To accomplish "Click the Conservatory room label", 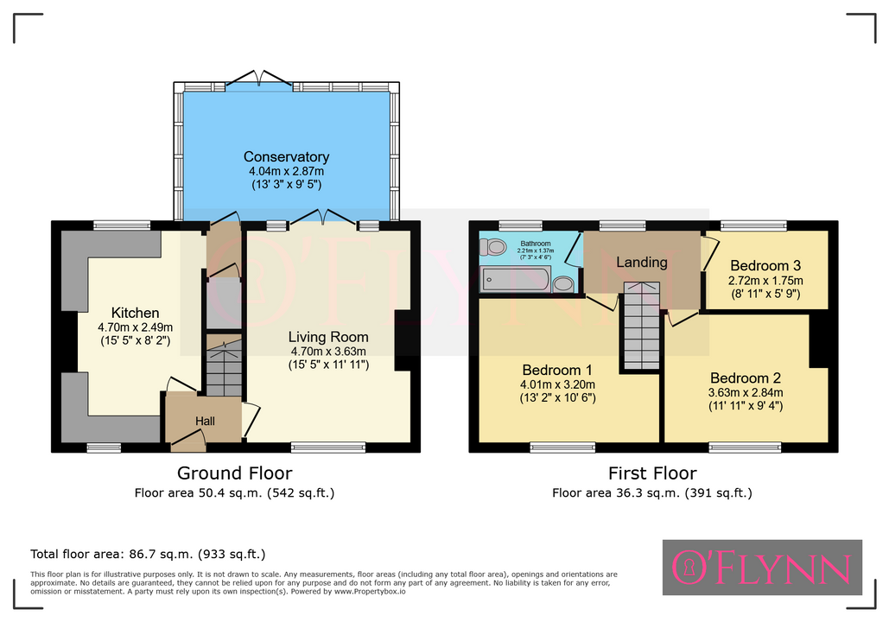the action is pos(286,157).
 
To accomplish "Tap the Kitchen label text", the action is pos(135,313).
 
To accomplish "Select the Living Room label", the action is pos(328,338).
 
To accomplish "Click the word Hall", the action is pos(206,422).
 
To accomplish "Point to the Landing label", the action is pos(642,262).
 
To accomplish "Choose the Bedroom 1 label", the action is pos(557,371).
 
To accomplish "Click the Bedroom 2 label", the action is pos(746,378).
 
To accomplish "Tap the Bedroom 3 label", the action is pos(765,266).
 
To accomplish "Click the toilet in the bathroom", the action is pos(492,247).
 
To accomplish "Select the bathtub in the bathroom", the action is pos(516,279).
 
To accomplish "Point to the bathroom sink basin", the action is pos(563,283).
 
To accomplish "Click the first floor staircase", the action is pos(642,326).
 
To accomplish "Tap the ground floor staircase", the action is pos(224,365).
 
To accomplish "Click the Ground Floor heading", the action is pos(235,473).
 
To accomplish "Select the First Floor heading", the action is pos(652,473).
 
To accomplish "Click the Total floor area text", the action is pos(148,554).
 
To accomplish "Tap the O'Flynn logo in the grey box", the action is pos(762,568).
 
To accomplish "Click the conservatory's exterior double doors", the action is pos(259,80).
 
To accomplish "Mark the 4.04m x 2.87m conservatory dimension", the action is pos(286,171).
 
